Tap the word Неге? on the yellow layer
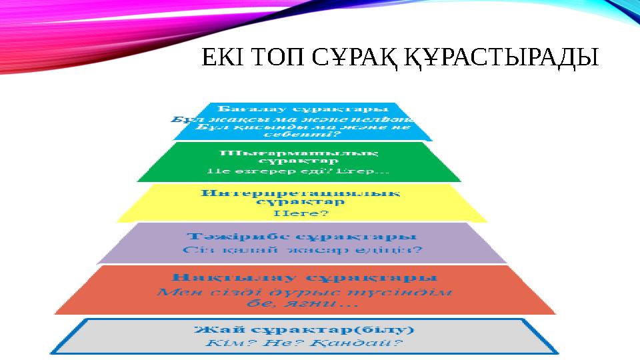301,214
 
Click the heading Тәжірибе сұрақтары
301,237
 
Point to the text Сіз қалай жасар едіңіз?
301,251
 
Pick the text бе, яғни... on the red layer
303,303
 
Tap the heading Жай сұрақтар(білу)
304,330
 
